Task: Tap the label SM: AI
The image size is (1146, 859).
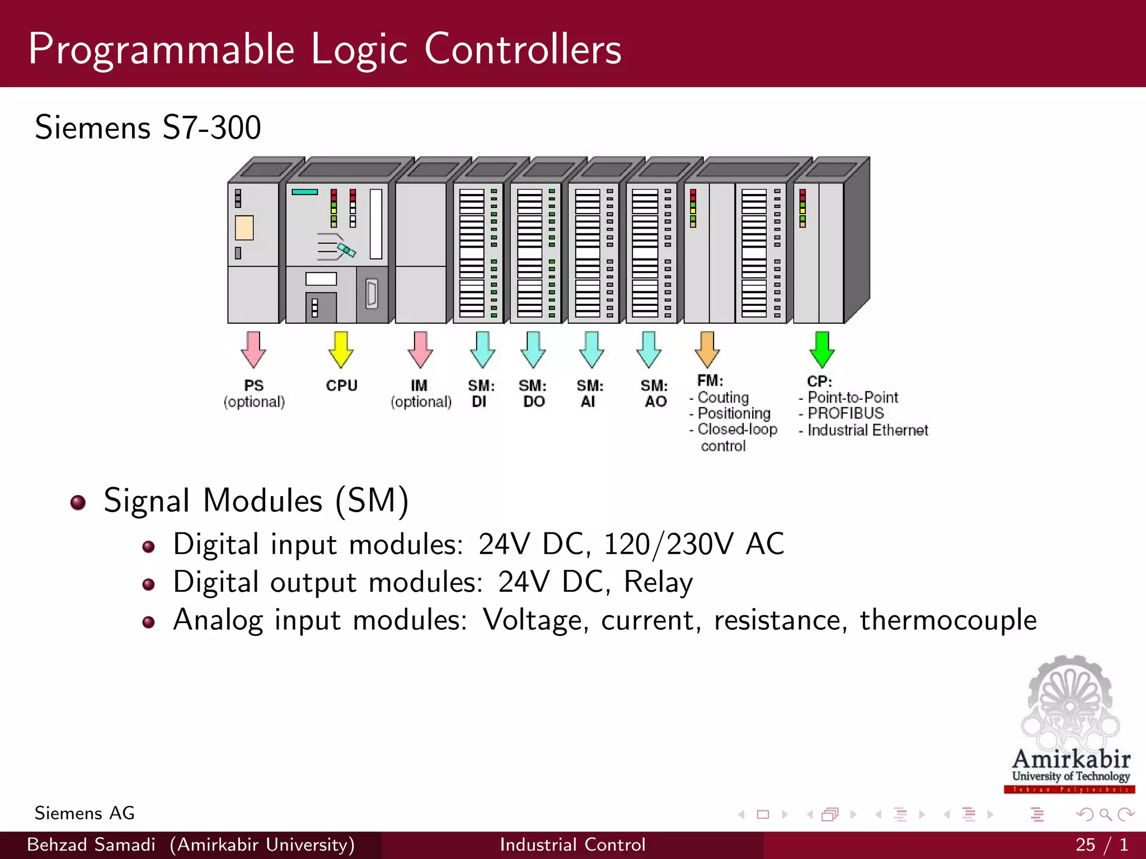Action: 590,393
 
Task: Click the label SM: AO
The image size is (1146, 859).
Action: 654,393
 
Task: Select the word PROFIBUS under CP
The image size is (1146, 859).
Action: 846,413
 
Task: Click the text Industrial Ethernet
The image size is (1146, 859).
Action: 867,430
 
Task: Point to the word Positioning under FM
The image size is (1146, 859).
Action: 734,413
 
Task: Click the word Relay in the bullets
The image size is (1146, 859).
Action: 658,582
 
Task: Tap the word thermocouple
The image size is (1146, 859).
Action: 948,620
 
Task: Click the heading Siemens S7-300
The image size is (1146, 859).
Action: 148,128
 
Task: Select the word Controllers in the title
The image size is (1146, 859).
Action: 523,49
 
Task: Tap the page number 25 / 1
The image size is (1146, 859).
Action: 1101,844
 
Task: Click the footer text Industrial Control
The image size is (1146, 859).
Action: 572,844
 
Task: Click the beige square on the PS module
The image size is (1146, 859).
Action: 245,228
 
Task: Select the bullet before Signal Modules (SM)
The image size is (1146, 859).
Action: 78,502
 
